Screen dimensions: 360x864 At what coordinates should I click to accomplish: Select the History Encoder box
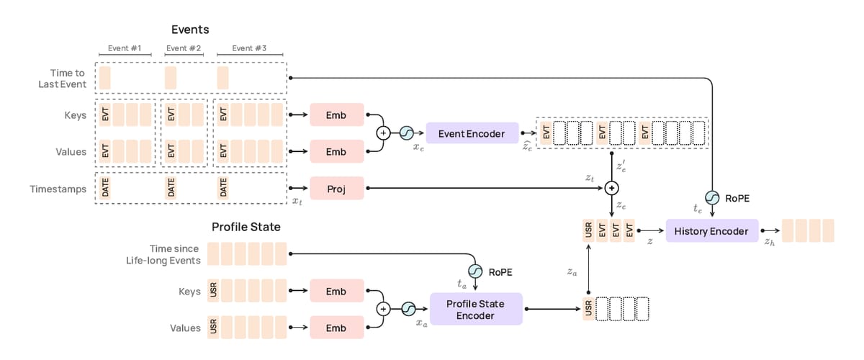711,231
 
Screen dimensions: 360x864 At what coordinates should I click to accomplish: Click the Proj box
336,188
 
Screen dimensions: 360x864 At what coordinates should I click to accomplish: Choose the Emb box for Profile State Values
336,328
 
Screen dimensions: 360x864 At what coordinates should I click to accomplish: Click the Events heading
190,30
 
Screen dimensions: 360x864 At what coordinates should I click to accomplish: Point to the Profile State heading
246,227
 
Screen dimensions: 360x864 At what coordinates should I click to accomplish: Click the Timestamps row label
63,189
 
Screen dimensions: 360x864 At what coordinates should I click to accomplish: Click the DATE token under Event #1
105,188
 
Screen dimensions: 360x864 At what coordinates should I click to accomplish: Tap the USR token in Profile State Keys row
214,292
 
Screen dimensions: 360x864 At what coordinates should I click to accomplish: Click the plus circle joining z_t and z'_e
611,188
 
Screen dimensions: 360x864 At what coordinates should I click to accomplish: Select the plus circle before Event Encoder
383,132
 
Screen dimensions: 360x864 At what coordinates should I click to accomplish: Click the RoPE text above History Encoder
737,197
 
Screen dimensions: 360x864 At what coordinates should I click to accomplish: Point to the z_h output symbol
770,242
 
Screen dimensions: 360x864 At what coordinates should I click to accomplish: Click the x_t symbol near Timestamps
298,204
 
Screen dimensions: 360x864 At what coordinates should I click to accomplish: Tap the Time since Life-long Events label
165,253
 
